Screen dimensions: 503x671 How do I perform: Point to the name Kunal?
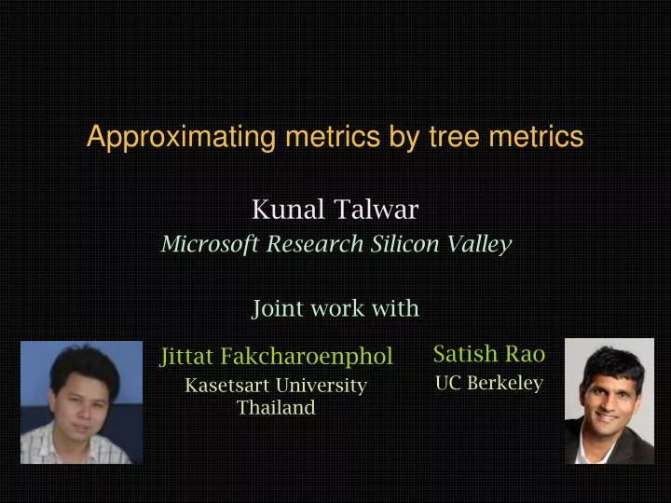pyautogui.click(x=288, y=211)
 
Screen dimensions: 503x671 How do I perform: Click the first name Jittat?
pyautogui.click(x=188, y=357)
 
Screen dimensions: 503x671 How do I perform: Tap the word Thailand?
pyautogui.click(x=276, y=408)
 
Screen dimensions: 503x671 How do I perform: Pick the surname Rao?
pyautogui.click(x=526, y=354)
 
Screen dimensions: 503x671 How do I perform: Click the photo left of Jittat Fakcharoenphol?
pyautogui.click(x=82, y=402)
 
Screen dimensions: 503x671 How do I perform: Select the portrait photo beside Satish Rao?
pyautogui.click(x=609, y=401)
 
